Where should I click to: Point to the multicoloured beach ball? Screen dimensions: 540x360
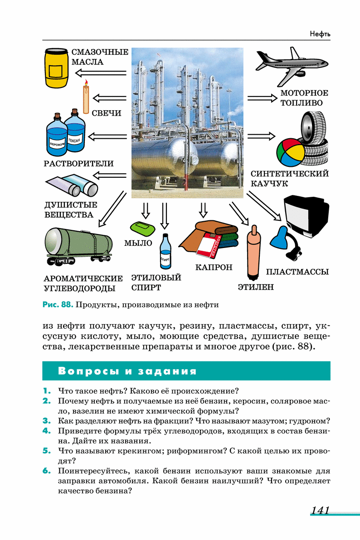click(291, 152)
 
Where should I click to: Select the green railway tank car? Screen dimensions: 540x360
click(79, 245)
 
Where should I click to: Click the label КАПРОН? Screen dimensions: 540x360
click(214, 268)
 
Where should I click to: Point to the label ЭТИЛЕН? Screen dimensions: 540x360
click(256, 287)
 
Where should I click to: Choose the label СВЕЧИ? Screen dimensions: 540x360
click(107, 113)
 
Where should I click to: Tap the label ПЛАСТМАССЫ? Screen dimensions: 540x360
click(297, 272)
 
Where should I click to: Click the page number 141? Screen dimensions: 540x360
click(320, 511)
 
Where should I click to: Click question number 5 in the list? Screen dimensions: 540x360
click(46, 451)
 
